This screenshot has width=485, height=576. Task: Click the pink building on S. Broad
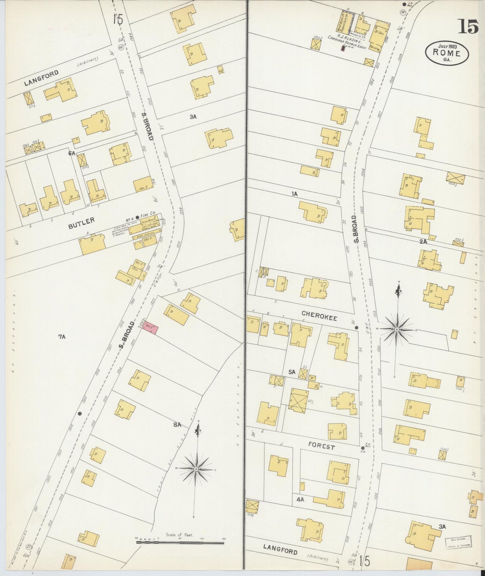coord(149,326)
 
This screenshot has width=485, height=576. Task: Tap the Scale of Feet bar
coord(180,542)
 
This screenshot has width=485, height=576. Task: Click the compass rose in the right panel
coord(397,329)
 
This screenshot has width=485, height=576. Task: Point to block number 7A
coord(61,336)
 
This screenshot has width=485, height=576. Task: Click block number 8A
coord(177,425)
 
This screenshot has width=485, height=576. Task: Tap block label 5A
coord(292,372)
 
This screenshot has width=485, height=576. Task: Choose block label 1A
coord(294,194)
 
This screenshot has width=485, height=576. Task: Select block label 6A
coord(71,153)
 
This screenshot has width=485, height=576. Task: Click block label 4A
coord(300,499)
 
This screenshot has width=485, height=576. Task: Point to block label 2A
coord(423,241)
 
